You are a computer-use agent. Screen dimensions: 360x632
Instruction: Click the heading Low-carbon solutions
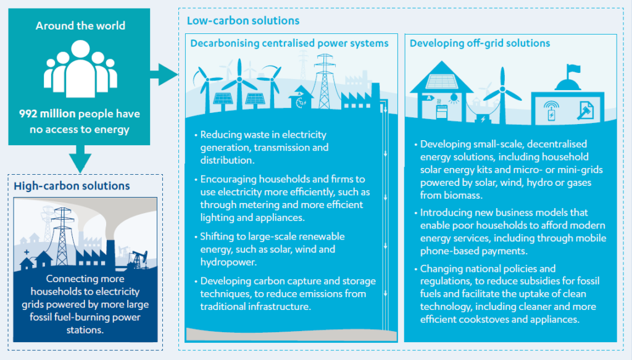coord(243,21)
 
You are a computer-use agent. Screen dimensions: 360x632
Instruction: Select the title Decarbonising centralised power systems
coord(289,43)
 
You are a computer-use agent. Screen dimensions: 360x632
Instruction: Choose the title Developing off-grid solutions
coord(480,43)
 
